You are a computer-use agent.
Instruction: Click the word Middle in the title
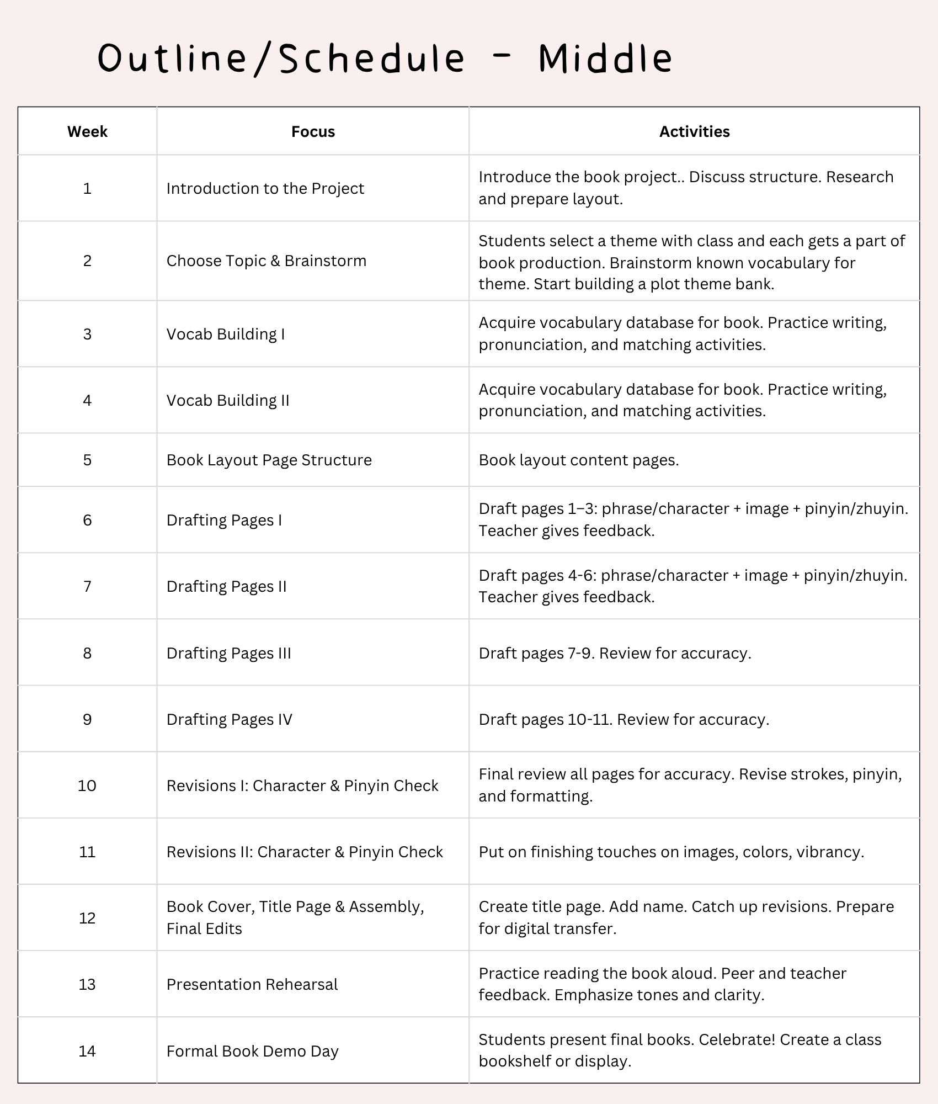(x=605, y=58)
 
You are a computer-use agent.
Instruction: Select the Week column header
(x=87, y=131)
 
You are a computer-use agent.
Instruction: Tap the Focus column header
(x=313, y=131)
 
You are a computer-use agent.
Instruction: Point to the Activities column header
(x=694, y=131)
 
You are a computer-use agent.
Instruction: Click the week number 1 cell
(x=87, y=188)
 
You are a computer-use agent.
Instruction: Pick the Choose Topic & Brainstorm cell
(x=266, y=261)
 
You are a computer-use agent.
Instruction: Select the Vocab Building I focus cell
(x=226, y=334)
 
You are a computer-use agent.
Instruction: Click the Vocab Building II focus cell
(x=228, y=400)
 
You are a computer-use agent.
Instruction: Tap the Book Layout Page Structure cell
(x=269, y=460)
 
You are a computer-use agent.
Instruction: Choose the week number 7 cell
(x=87, y=586)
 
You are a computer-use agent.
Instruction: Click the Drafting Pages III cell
(x=228, y=653)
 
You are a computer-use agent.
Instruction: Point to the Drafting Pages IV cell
(x=229, y=719)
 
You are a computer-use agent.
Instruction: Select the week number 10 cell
(x=87, y=785)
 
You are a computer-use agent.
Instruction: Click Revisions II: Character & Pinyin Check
(x=305, y=852)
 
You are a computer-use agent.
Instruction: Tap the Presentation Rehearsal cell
(x=252, y=984)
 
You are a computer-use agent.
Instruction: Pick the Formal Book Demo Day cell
(x=252, y=1051)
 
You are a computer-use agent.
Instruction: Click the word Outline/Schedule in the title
(x=281, y=58)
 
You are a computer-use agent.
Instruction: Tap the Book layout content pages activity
(x=578, y=460)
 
